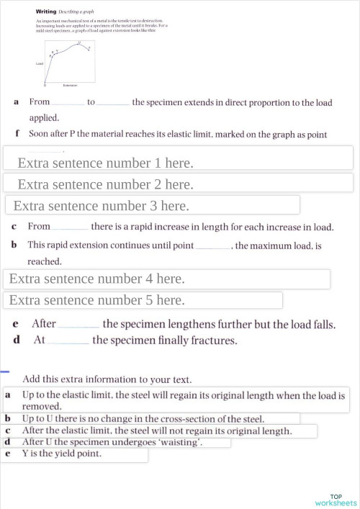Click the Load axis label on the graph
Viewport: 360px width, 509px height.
40,64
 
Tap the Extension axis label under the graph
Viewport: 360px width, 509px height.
70,85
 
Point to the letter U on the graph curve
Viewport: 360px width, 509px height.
79,42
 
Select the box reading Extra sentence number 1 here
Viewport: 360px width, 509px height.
105,163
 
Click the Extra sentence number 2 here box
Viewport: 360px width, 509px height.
105,184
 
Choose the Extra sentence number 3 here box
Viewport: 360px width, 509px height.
101,206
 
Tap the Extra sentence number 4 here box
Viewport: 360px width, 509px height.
96,279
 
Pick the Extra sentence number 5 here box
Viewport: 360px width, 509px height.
96,299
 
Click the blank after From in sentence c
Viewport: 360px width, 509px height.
71,228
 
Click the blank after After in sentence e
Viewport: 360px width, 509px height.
79,325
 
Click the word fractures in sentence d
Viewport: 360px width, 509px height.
214,340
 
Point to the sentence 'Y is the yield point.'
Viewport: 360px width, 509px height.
62,454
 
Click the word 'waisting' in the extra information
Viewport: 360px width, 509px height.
180,442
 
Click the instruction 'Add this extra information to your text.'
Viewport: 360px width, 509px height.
107,379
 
